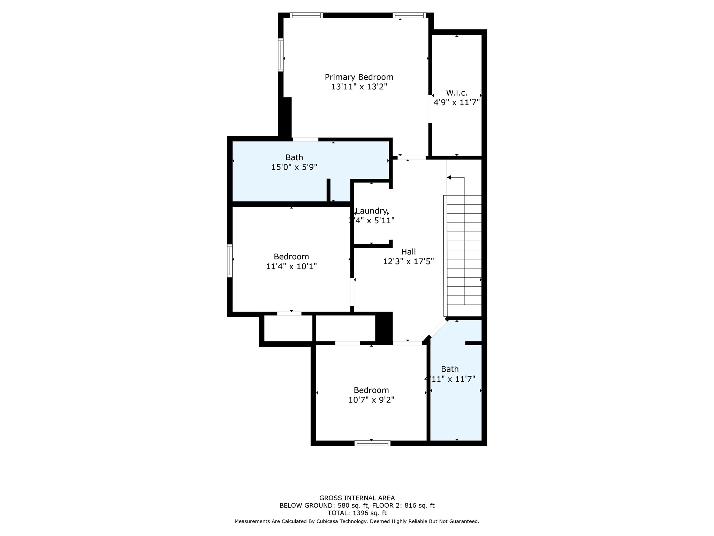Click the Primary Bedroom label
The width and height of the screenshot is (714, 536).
tap(359, 77)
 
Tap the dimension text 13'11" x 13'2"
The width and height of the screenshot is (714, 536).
tap(359, 87)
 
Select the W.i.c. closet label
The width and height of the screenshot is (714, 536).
tap(456, 93)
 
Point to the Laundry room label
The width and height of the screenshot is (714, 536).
tap(371, 211)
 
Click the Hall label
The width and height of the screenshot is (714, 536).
tap(408, 252)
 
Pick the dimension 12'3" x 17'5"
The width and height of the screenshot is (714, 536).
tap(408, 261)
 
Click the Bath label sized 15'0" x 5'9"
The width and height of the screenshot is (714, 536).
tap(294, 157)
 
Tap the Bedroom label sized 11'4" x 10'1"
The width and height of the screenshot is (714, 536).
tap(291, 257)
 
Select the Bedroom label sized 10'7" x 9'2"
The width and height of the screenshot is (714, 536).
tap(371, 390)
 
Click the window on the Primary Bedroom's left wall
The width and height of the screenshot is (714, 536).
tap(281, 55)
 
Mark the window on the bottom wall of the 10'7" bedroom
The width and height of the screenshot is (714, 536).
tap(372, 443)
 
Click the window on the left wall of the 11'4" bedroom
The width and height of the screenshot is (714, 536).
tap(230, 261)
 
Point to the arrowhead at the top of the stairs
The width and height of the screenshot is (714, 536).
tap(449, 178)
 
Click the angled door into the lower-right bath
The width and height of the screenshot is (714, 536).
tap(438, 327)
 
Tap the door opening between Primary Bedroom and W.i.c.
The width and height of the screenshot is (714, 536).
tap(430, 109)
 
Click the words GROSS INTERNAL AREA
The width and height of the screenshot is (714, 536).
tap(357, 498)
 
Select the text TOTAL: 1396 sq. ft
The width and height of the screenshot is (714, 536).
tap(357, 513)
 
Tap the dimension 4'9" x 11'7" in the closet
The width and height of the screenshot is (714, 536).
tap(456, 103)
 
